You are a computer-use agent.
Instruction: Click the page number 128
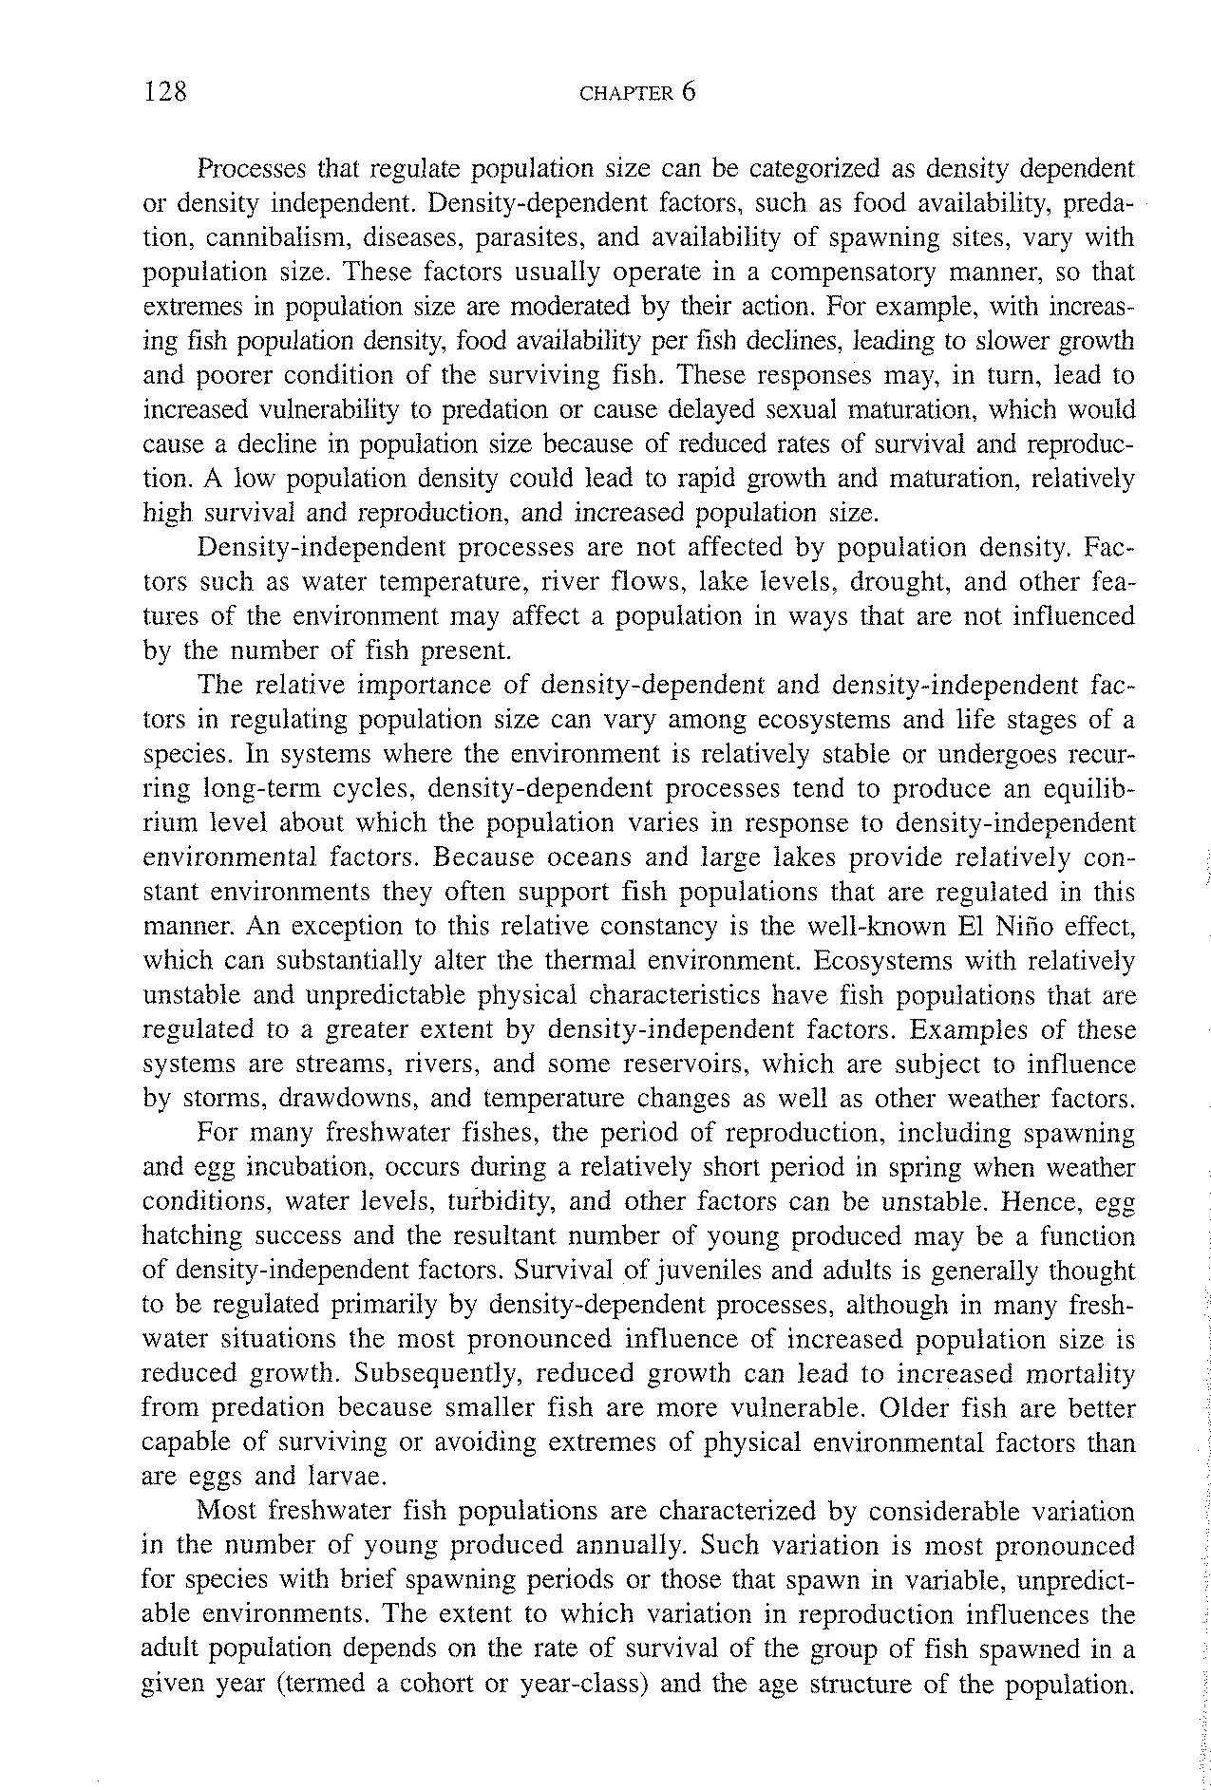pyautogui.click(x=166, y=92)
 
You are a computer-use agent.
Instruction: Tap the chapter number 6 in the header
pyautogui.click(x=689, y=92)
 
